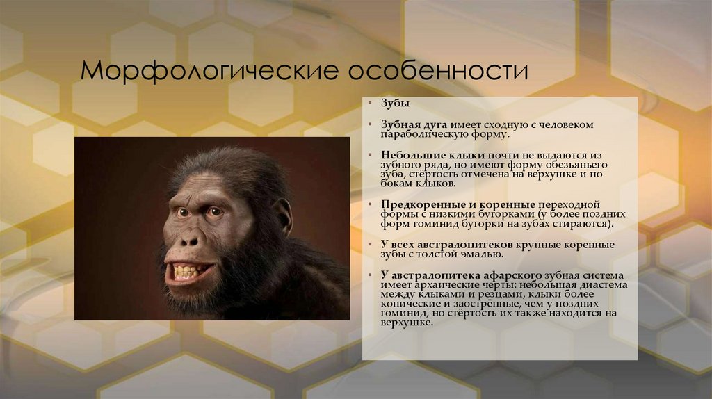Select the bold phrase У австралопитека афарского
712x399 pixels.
click(x=455, y=275)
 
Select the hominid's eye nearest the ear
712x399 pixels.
click(x=216, y=212)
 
